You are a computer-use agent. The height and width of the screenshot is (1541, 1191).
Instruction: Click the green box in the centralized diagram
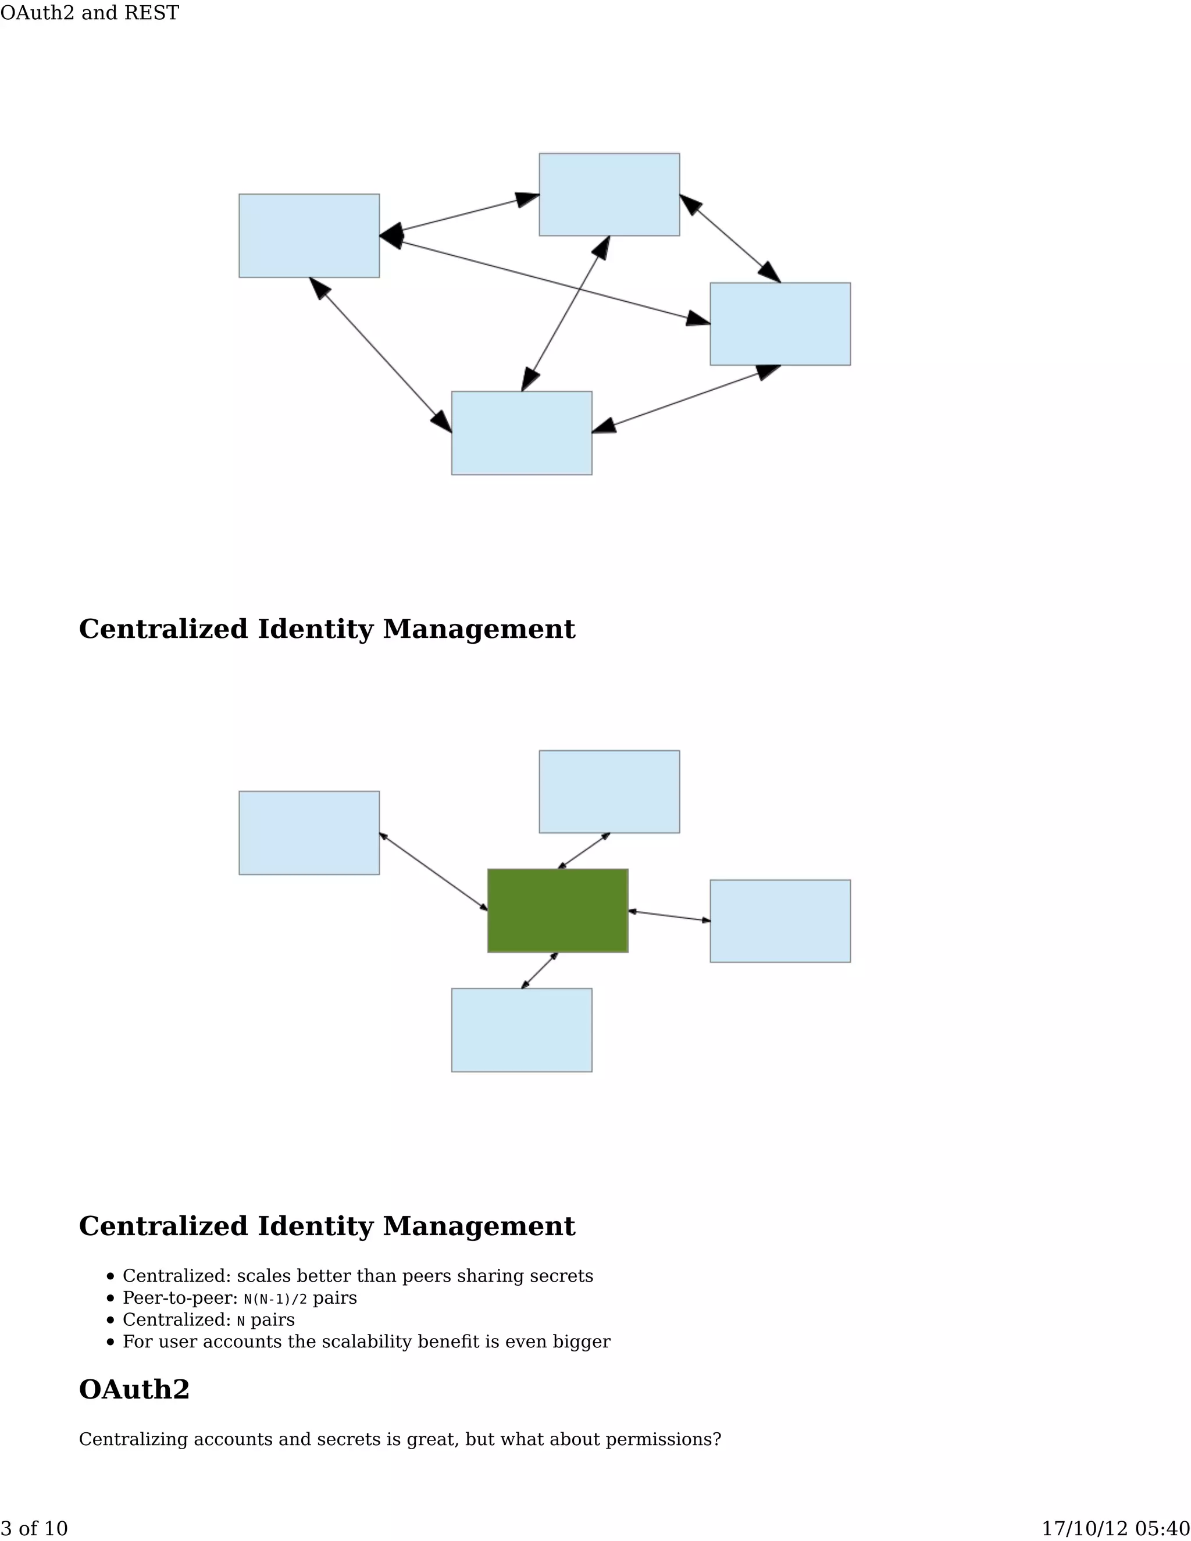[557, 910]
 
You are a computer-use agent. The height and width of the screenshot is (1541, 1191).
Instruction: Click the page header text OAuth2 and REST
[90, 13]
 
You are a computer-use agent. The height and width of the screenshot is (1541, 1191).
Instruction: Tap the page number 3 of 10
[34, 1528]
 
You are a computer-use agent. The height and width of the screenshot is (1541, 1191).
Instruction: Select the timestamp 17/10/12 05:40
[1115, 1528]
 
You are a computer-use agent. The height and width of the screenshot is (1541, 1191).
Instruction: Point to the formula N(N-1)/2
[275, 1299]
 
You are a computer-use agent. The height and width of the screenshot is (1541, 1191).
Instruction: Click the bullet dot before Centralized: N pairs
[110, 1320]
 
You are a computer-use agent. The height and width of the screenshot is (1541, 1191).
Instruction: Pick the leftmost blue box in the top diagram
[309, 236]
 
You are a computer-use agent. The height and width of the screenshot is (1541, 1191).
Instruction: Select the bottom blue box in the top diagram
[522, 433]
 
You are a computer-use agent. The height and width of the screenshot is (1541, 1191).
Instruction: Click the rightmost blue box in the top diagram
[780, 324]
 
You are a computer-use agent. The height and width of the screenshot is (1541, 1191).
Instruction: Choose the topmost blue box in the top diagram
[609, 194]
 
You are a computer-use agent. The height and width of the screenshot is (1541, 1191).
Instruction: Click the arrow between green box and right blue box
[669, 916]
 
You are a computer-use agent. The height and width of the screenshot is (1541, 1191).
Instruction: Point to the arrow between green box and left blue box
[433, 872]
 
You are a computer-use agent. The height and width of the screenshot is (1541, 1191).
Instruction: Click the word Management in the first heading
[479, 629]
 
